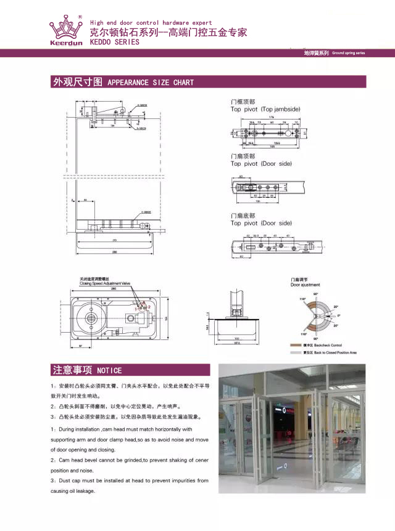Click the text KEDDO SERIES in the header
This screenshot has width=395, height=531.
[115, 42]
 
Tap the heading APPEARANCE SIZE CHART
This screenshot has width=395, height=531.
[151, 83]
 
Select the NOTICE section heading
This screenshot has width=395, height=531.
[109, 370]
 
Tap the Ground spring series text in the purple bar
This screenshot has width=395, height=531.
[348, 54]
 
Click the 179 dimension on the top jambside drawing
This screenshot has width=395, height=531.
[271, 117]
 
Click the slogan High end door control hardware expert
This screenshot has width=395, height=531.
[151, 23]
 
